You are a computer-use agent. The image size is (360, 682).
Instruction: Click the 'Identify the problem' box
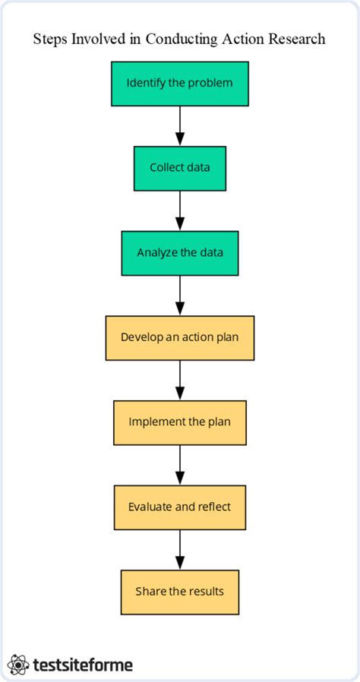(180, 83)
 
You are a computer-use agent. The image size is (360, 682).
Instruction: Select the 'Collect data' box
(180, 168)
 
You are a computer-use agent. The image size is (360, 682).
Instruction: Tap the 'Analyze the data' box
(180, 253)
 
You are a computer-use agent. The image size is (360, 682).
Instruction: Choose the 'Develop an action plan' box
(180, 338)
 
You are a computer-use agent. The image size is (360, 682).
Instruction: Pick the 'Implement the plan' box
(180, 422)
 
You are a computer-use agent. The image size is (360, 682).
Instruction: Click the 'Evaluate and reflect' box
(180, 507)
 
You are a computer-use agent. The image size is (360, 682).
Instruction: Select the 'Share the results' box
(180, 592)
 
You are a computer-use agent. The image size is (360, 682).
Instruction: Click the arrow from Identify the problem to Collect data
(180, 125)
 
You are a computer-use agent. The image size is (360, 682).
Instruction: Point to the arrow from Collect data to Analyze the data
(180, 210)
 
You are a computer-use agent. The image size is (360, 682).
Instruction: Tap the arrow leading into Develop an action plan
(180, 295)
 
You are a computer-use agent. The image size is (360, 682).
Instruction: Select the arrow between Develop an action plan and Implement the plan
(180, 380)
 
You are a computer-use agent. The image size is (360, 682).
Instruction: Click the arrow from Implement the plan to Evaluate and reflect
(180, 465)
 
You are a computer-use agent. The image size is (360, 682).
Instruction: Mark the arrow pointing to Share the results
(180, 550)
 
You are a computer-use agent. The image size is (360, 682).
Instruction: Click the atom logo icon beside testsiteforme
(19, 665)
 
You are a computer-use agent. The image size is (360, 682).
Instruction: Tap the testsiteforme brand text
(84, 665)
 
